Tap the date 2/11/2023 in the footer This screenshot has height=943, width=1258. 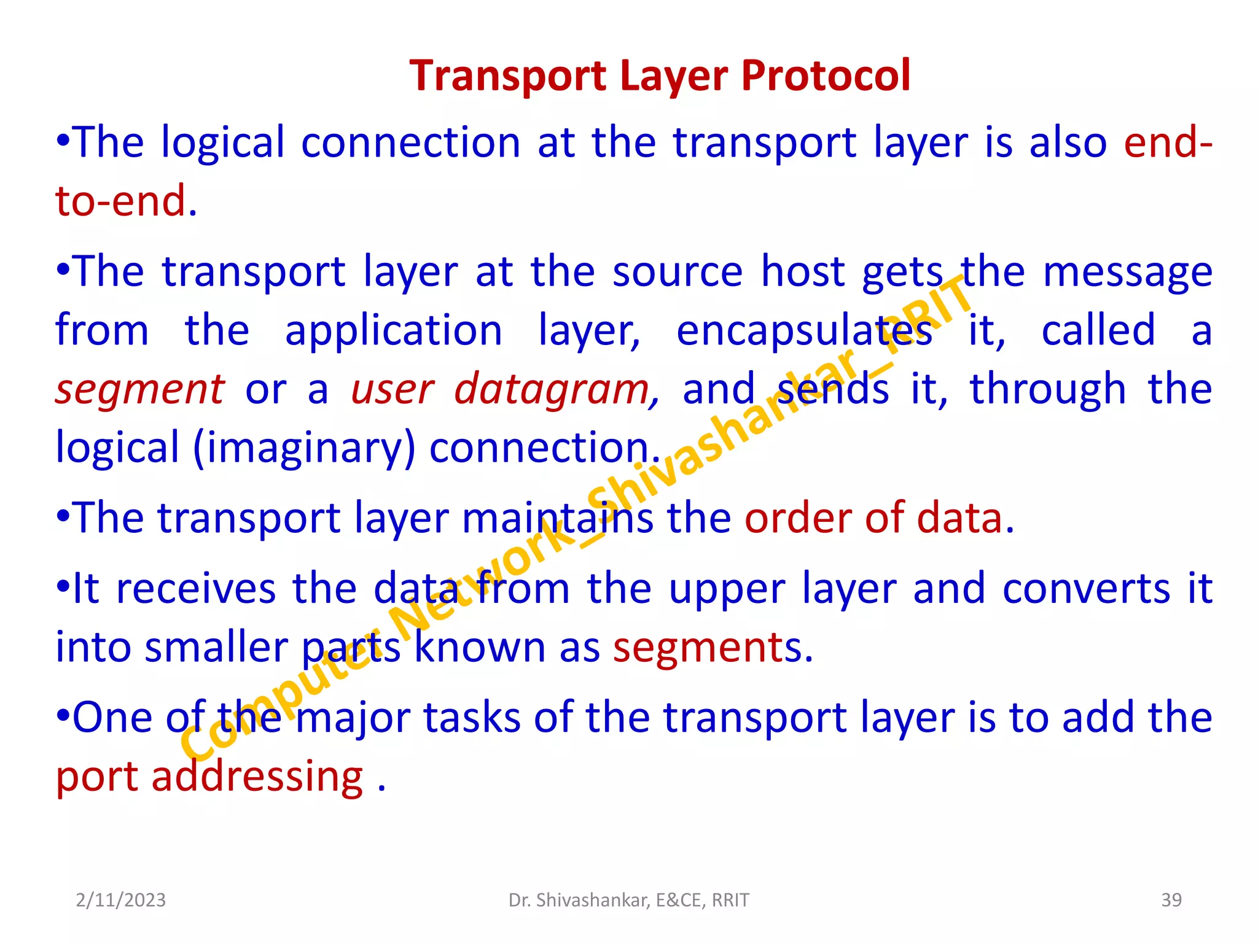pyautogui.click(x=120, y=900)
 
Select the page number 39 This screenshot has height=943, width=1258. pyautogui.click(x=1171, y=900)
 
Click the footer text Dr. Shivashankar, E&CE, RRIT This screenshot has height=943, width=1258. pyautogui.click(x=628, y=900)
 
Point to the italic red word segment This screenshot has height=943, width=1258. pyautogui.click(x=140, y=390)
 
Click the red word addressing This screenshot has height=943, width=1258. pyautogui.click(x=257, y=777)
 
